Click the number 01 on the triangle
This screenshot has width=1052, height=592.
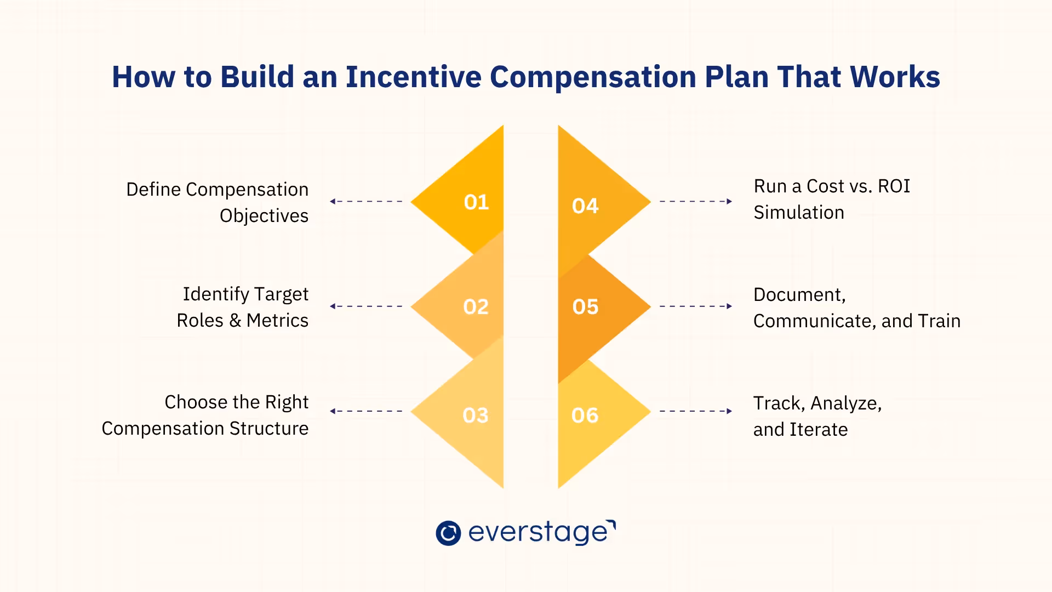click(x=476, y=202)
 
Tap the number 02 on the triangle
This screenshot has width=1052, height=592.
click(x=476, y=307)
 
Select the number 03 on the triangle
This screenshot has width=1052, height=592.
click(x=475, y=415)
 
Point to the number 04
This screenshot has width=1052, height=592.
click(x=585, y=206)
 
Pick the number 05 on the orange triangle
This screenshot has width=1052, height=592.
click(x=585, y=307)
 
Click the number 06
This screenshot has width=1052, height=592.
click(x=585, y=415)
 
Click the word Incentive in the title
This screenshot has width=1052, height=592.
click(x=413, y=77)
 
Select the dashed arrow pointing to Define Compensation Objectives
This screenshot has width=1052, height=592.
click(x=366, y=202)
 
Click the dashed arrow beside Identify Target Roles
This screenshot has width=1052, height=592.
click(x=366, y=306)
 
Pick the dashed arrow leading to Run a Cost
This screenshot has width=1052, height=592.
click(x=696, y=202)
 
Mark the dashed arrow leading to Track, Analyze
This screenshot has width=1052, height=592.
click(x=696, y=411)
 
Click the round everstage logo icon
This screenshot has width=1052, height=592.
click(x=448, y=533)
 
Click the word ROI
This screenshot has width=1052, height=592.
click(x=894, y=186)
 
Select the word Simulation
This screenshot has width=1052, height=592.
click(x=799, y=213)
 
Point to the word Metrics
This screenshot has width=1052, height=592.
click(x=277, y=321)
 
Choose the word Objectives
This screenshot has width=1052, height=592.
click(x=264, y=216)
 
